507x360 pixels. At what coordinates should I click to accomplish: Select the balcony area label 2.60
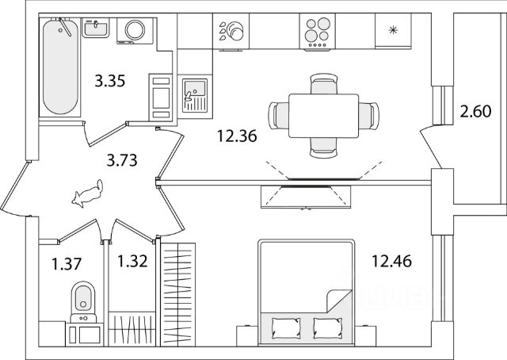[476, 113]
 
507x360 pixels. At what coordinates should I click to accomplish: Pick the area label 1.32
[132, 261]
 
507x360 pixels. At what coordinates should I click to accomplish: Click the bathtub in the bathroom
[61, 67]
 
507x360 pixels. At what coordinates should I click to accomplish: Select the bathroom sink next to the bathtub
[97, 28]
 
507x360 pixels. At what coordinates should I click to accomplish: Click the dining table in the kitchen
[317, 113]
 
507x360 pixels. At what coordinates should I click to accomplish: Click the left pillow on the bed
[283, 326]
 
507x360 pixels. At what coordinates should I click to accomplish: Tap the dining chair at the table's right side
[367, 113]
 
